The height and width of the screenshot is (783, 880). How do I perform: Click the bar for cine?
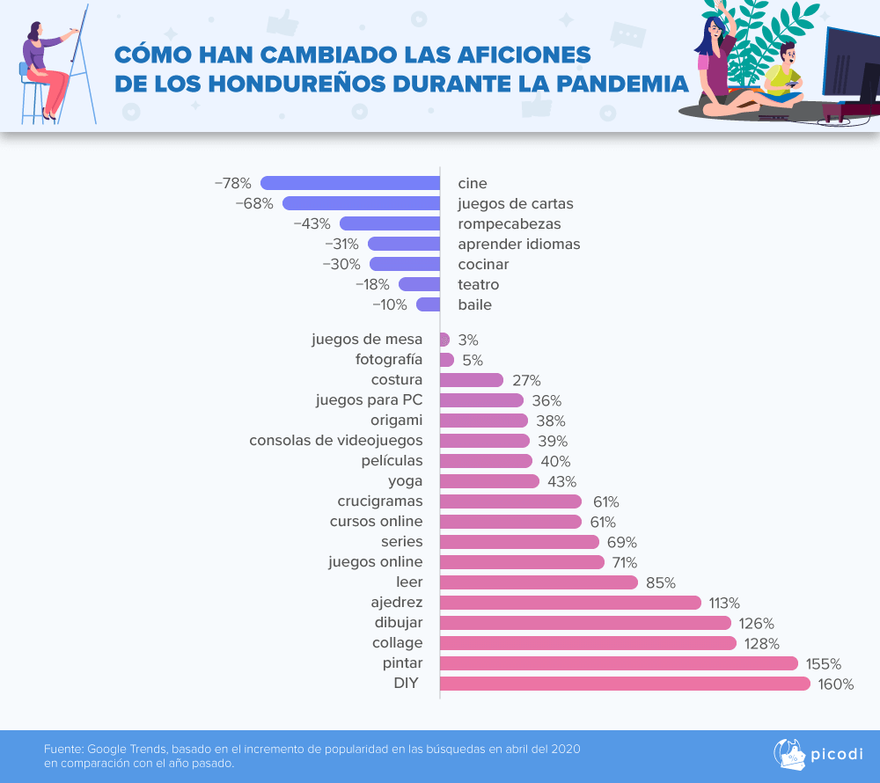[x=350, y=183]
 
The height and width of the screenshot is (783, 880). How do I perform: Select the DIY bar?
[x=625, y=684]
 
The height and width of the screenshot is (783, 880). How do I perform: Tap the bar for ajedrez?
[x=570, y=603]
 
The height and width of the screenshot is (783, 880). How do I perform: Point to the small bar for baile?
[x=429, y=304]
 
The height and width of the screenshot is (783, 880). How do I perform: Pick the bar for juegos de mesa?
[x=444, y=340]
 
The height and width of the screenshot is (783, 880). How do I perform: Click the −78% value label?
[x=233, y=183]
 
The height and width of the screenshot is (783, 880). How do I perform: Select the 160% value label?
[x=836, y=684]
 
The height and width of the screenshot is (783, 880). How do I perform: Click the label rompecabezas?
[x=509, y=223]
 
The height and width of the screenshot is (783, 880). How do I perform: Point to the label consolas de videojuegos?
[x=336, y=440]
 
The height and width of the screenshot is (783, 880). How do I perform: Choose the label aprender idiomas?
[x=518, y=244]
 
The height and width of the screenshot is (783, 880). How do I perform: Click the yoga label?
[x=405, y=481]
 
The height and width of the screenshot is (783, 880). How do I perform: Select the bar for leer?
[x=539, y=582]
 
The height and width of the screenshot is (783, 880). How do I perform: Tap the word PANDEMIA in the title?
[x=613, y=84]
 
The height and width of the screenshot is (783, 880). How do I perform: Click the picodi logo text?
[x=836, y=754]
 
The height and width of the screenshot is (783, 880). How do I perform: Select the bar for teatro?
[x=420, y=284]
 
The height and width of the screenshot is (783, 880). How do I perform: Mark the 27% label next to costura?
[x=526, y=380]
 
